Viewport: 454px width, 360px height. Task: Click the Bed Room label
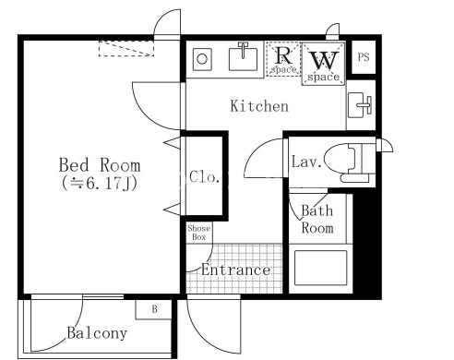(x=100, y=165)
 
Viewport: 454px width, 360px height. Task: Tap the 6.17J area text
(x=99, y=184)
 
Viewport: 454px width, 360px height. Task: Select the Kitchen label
(x=259, y=106)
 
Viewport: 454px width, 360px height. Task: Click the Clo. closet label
(x=205, y=177)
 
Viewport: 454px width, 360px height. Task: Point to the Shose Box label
(x=199, y=233)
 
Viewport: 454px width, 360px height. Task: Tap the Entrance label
(x=235, y=270)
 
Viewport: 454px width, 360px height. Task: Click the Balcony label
(x=97, y=333)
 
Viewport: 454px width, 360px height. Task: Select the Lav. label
(x=306, y=162)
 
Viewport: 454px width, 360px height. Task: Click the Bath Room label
(x=317, y=220)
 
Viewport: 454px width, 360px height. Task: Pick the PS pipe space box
(x=364, y=57)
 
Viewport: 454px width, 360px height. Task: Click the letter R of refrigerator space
(x=283, y=55)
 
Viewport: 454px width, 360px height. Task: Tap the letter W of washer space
(x=324, y=61)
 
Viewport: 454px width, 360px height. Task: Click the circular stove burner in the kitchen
(x=202, y=59)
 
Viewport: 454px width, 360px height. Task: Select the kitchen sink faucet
(x=243, y=50)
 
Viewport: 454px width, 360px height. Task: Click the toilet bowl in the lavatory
(x=340, y=158)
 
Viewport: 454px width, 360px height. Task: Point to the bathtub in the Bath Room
(x=320, y=268)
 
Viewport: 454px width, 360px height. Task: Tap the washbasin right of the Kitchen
(x=360, y=105)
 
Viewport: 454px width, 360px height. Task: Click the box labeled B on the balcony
(x=153, y=309)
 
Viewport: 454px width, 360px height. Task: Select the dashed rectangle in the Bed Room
(x=126, y=48)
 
